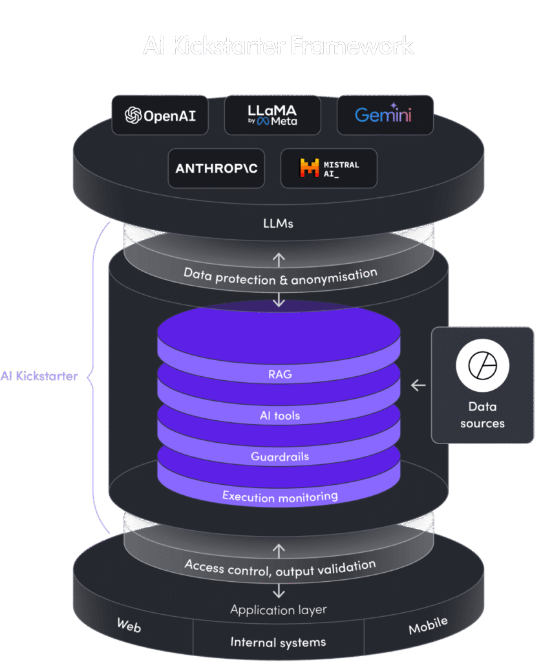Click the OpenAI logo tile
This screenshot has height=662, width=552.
pyautogui.click(x=160, y=116)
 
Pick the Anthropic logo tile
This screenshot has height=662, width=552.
pyautogui.click(x=217, y=169)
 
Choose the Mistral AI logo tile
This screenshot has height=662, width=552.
pyautogui.click(x=328, y=169)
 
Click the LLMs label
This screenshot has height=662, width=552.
pyautogui.click(x=279, y=223)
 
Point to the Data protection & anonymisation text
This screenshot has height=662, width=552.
pyautogui.click(x=280, y=276)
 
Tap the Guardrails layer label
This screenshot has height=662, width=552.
pyautogui.click(x=279, y=457)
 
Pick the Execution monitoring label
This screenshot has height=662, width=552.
pyautogui.click(x=279, y=496)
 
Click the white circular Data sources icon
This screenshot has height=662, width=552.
pyautogui.click(x=482, y=366)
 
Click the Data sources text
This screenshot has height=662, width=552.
pyautogui.click(x=482, y=415)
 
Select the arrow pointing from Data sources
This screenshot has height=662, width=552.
pyautogui.click(x=418, y=385)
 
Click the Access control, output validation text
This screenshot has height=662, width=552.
pyautogui.click(x=279, y=568)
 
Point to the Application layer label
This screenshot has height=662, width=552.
pyautogui.click(x=279, y=610)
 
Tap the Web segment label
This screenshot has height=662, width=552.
pyautogui.click(x=129, y=625)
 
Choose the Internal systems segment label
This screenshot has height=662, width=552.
pyautogui.click(x=279, y=643)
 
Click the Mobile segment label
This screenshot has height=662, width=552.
pyautogui.click(x=428, y=625)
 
